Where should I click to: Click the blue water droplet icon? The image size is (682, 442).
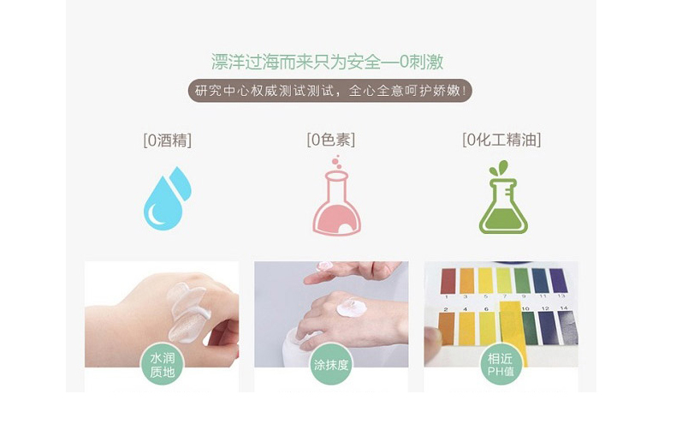pos(167,198)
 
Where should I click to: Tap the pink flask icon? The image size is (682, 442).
pos(336,197)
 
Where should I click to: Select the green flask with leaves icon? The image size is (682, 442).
pos(503,197)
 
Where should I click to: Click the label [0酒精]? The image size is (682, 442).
pos(168,140)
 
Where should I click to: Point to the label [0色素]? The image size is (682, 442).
pos(331,140)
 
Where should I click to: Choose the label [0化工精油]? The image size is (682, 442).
pos(501,140)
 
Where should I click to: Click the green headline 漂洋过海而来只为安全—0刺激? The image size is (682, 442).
pos(327,62)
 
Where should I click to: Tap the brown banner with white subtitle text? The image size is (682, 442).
pos(330,91)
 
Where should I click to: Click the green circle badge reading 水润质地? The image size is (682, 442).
pos(163,365)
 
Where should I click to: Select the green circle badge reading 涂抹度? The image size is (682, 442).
pos(331,365)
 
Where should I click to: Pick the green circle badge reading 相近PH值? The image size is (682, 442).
pos(501,365)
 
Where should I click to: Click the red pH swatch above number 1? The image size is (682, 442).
pos(448,281)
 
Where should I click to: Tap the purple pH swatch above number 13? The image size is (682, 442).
pos(558,280)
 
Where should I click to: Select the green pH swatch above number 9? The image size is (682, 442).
pos(522,280)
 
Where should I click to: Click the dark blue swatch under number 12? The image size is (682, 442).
pos(548,328)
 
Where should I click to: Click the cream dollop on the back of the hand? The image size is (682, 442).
pos(352,306)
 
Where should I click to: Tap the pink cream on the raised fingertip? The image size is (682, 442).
pos(323,266)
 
